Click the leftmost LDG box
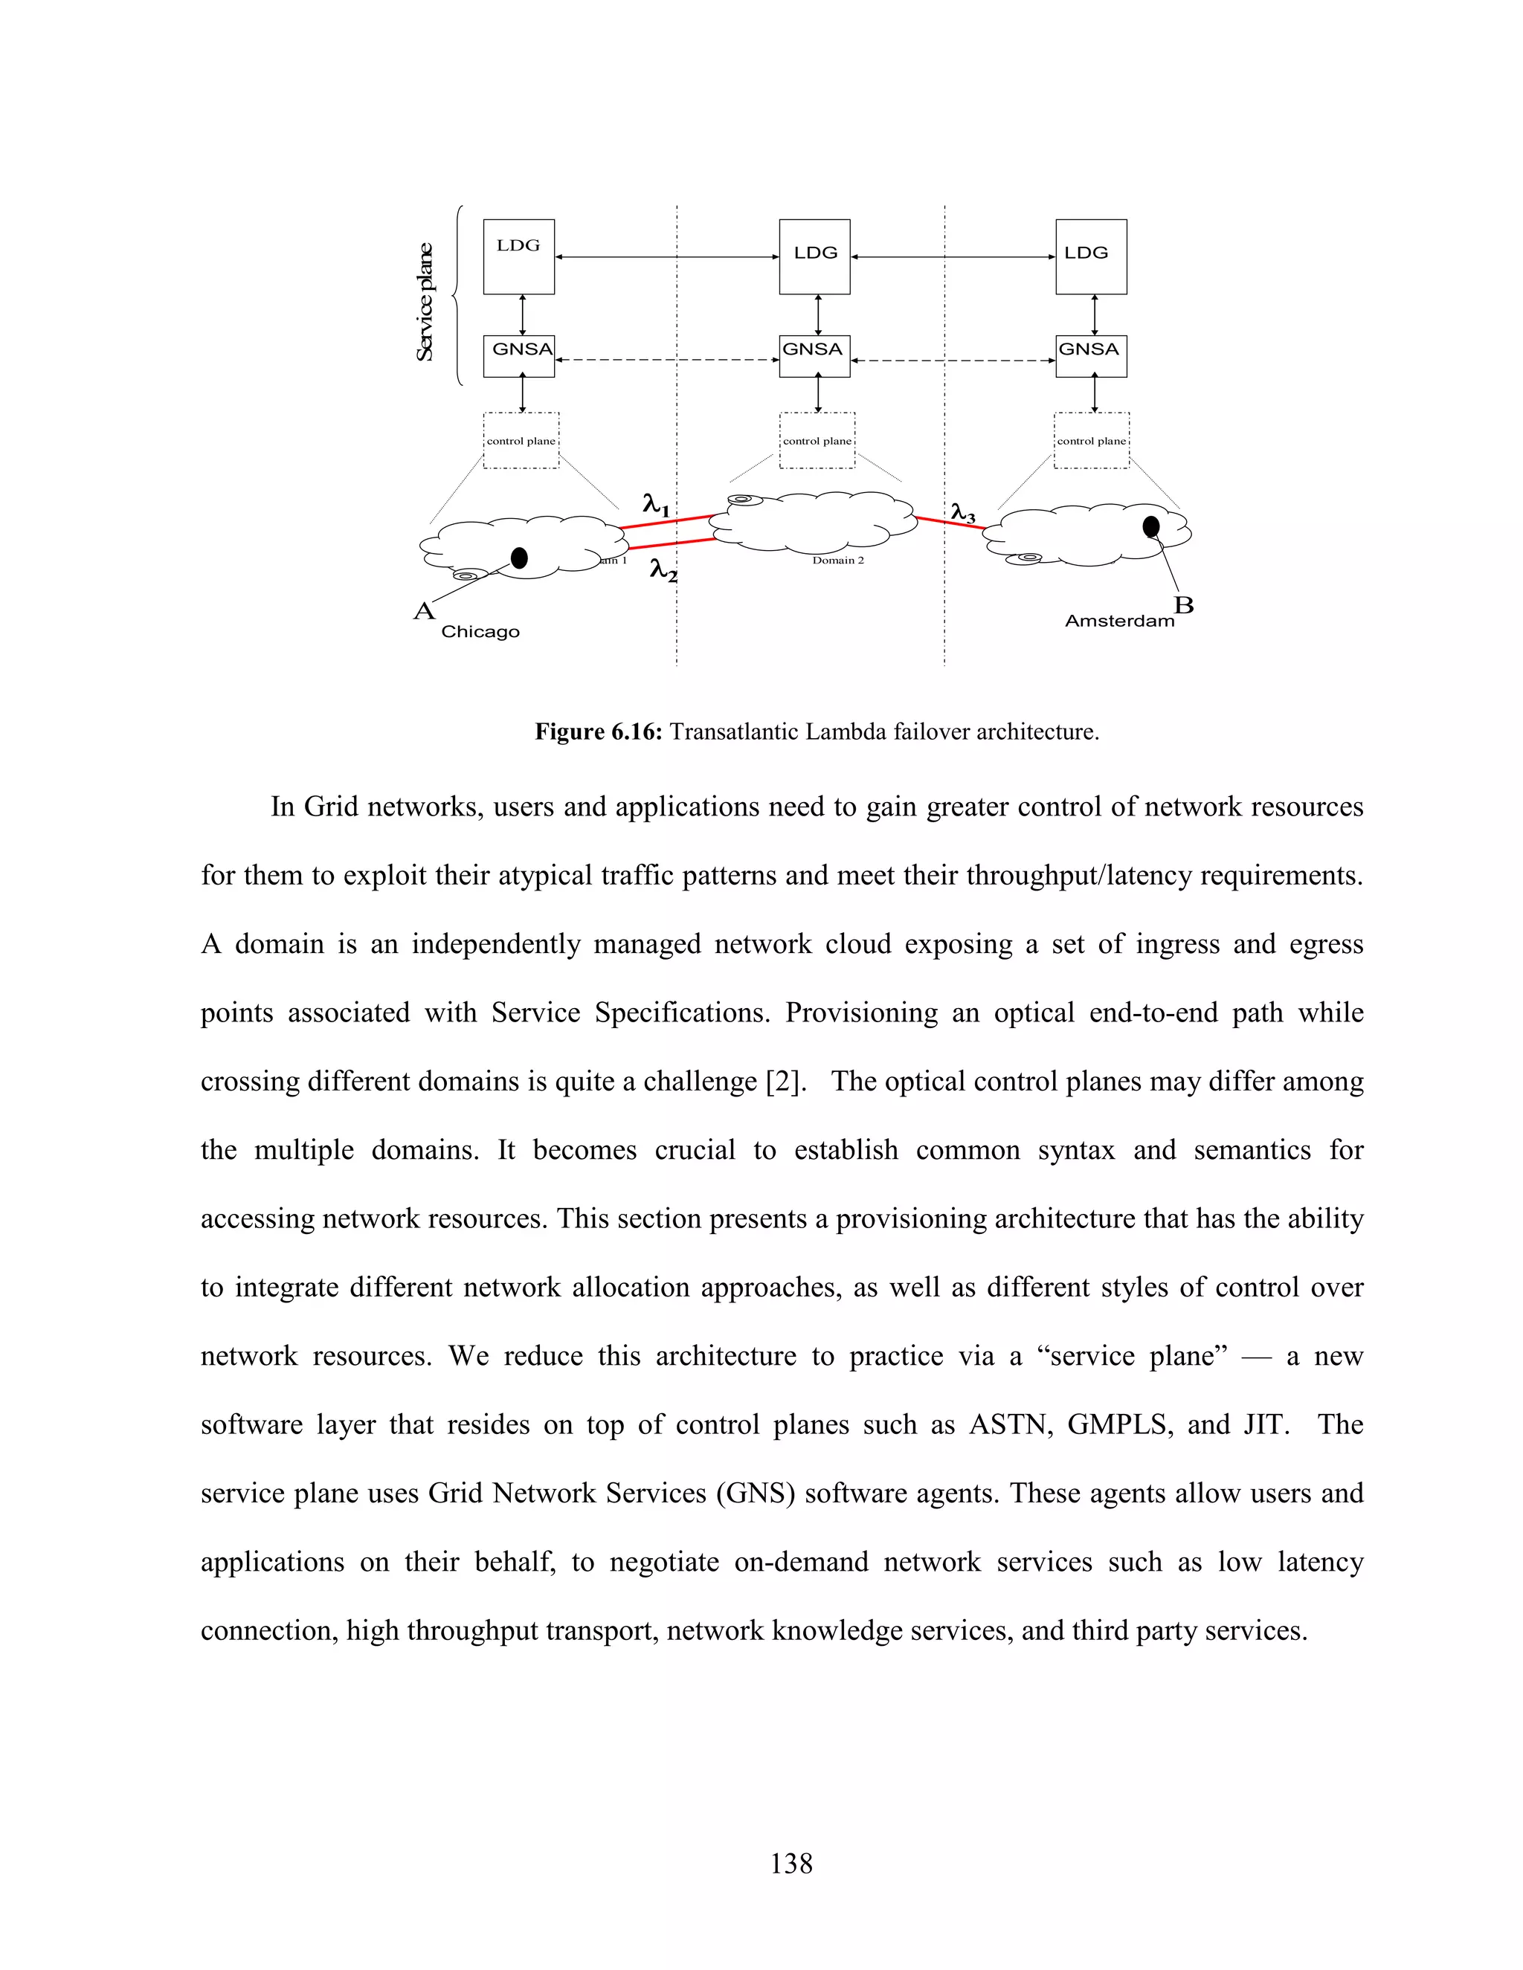tap(519, 256)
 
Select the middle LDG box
tap(815, 256)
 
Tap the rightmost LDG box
tap(1091, 256)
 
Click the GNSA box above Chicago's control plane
tap(519, 355)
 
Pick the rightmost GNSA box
tap(1091, 355)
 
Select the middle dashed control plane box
tap(817, 440)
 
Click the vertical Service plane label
tap(424, 302)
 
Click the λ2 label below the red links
tap(663, 570)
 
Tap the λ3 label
tap(963, 513)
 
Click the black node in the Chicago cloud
tap(519, 558)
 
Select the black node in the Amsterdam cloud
tap(1151, 526)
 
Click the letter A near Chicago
tap(423, 612)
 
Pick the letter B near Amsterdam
tap(1183, 604)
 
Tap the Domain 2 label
tap(837, 561)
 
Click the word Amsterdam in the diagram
tap(1118, 621)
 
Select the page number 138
tap(791, 1863)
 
